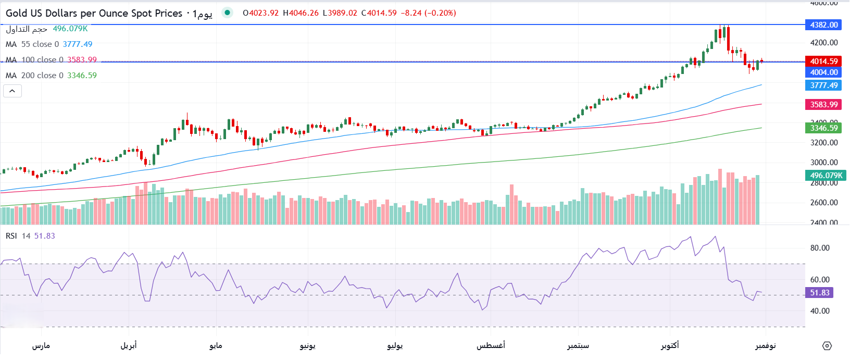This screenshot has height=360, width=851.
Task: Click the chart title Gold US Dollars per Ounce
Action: pos(94,13)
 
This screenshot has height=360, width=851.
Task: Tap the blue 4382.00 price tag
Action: pos(824,25)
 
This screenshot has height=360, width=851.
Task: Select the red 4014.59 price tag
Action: pos(824,61)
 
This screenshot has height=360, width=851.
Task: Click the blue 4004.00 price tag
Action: pos(824,72)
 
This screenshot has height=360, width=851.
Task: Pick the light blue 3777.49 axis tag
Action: pos(824,85)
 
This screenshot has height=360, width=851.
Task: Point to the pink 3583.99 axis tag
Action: pos(824,105)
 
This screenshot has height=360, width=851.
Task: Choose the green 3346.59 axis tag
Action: pos(824,128)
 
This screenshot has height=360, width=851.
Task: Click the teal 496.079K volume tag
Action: pos(826,176)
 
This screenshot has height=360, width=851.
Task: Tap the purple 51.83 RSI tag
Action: pos(820,293)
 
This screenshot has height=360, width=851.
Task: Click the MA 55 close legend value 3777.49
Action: pos(78,44)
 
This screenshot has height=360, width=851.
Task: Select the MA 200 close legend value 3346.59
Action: pos(82,76)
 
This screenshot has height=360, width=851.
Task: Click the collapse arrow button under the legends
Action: pos(12,91)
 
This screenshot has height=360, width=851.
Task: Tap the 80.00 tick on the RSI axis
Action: pos(820,248)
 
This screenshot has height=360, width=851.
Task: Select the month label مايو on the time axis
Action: pos(216,345)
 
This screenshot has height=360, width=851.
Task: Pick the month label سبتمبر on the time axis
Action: pos(578,345)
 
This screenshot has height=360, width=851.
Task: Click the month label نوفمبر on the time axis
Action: pos(766,345)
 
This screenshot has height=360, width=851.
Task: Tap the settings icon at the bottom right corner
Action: pos(827,346)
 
